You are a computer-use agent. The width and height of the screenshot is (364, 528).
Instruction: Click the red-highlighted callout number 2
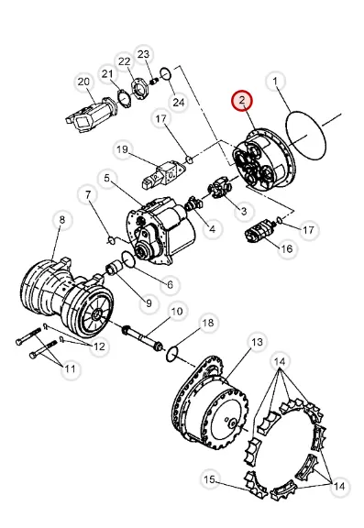point(241,101)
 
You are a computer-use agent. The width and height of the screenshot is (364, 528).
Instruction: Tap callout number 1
point(275,82)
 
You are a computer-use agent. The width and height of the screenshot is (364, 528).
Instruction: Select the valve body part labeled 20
point(91,115)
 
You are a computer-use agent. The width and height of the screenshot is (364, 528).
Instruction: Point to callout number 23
point(143,54)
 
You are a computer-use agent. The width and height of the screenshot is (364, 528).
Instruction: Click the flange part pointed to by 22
point(139,89)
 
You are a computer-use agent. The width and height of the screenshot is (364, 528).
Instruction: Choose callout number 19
point(122,149)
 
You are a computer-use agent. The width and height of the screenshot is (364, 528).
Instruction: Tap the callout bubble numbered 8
point(62,220)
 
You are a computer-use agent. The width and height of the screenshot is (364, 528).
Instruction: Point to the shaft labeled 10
point(142,337)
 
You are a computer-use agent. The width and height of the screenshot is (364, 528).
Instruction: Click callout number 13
point(257,343)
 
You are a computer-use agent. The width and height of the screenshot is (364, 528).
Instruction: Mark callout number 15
point(209,479)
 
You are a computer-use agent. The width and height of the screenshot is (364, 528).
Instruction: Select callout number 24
point(179,102)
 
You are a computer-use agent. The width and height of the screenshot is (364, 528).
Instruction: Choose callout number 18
point(208,324)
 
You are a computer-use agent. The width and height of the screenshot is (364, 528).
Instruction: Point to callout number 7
point(88,195)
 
